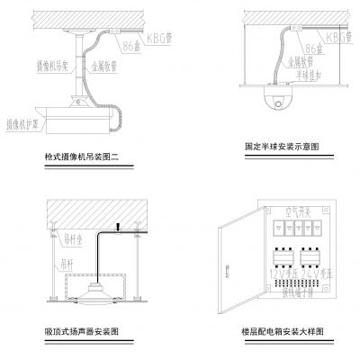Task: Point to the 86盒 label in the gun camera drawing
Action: (x=132, y=43)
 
